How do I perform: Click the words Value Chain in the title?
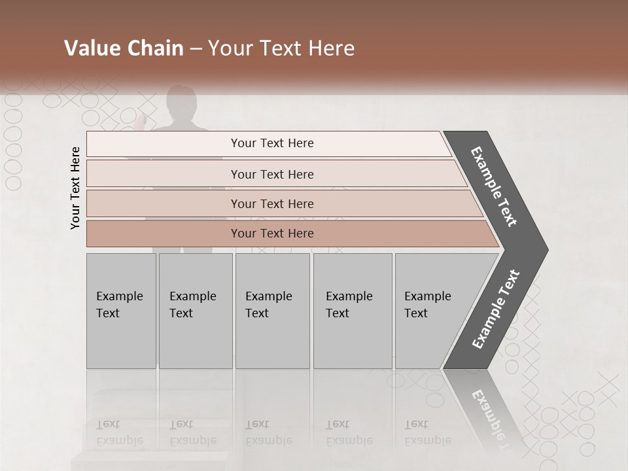click(124, 48)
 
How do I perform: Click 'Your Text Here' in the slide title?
click(281, 48)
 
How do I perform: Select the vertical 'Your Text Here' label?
click(75, 188)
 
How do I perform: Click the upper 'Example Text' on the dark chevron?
click(495, 186)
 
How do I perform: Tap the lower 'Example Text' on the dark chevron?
click(496, 309)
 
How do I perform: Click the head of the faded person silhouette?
click(181, 101)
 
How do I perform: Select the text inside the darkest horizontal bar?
click(272, 234)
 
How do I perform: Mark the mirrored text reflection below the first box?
click(119, 432)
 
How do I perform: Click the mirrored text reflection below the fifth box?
click(427, 432)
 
